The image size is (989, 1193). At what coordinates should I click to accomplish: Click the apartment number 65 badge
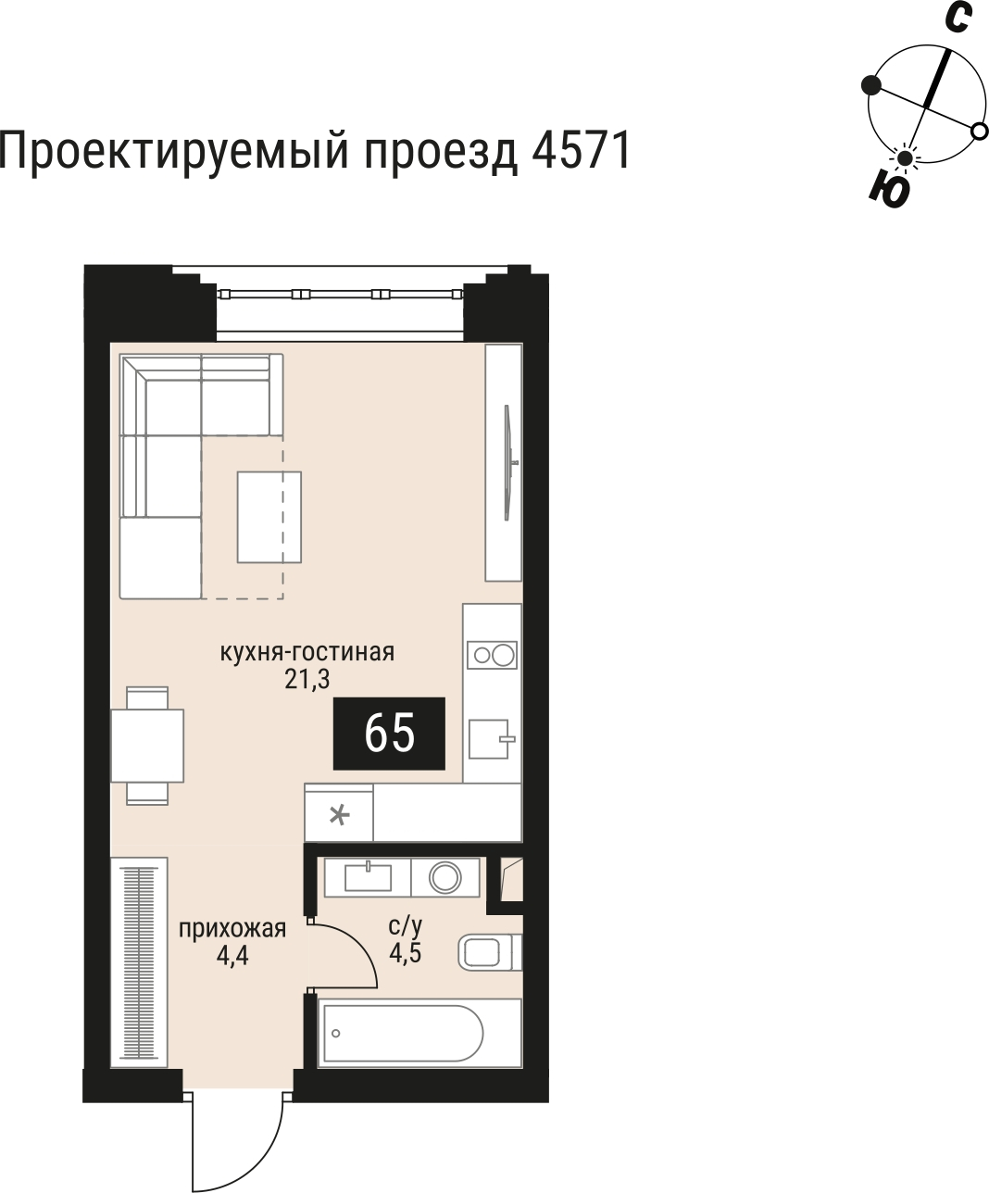[389, 734]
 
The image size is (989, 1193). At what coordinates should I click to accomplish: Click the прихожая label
[232, 929]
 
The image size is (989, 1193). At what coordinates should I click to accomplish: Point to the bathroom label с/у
[406, 924]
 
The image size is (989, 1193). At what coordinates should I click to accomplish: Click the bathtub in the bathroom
[400, 1033]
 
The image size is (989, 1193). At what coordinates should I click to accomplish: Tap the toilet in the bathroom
[489, 952]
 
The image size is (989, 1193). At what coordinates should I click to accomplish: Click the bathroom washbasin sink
[368, 876]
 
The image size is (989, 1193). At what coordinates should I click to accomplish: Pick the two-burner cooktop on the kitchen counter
[492, 656]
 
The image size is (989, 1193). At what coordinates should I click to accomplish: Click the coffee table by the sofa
[269, 517]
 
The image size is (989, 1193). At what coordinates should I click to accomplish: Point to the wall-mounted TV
[507, 462]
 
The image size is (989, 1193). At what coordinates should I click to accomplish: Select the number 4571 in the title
[582, 150]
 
